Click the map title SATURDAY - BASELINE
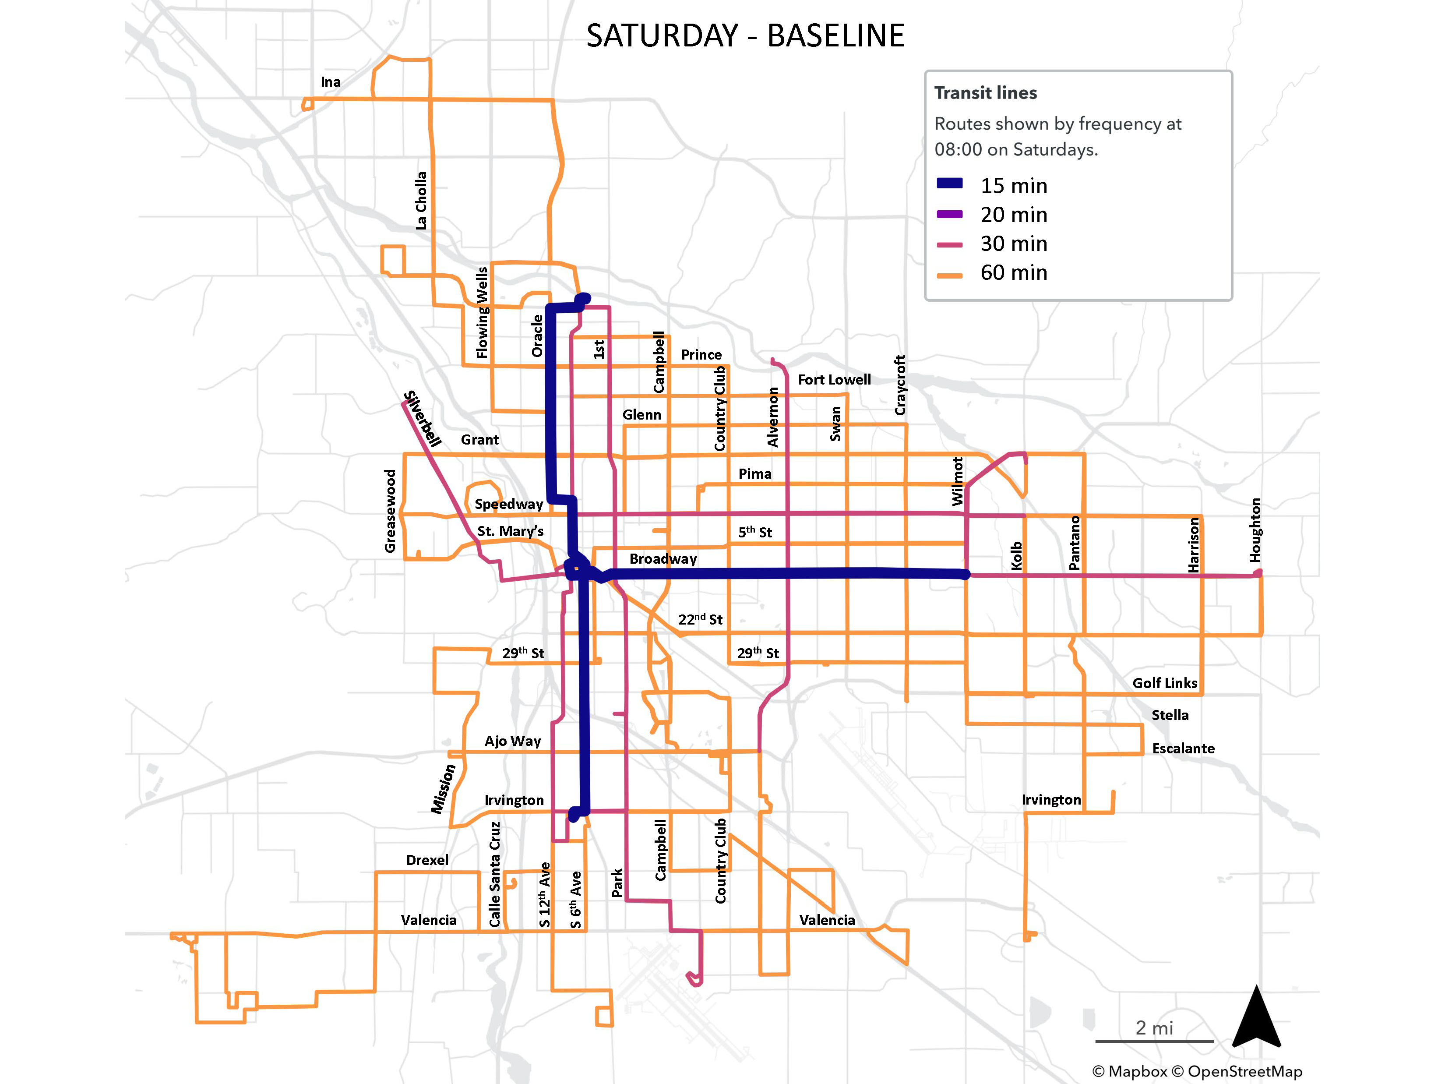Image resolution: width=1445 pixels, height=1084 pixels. [745, 35]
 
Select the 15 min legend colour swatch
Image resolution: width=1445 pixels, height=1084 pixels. [949, 184]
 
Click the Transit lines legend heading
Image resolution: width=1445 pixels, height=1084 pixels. [985, 93]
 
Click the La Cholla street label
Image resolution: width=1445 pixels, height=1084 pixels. [421, 201]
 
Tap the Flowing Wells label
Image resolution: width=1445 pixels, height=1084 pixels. [482, 312]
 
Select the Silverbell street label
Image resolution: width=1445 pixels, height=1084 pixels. [422, 418]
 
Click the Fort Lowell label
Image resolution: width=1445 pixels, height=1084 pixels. [834, 380]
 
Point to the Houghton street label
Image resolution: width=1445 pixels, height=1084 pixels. [1255, 530]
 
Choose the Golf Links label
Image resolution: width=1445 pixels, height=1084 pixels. [1165, 683]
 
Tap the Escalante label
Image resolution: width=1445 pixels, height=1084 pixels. [1183, 748]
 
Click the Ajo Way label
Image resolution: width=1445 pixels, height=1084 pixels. [513, 741]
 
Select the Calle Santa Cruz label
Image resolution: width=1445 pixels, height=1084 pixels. [495, 874]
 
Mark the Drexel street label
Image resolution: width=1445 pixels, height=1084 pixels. [427, 860]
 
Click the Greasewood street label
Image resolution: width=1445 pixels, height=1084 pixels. [390, 511]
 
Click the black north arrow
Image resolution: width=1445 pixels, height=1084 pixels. [1256, 1019]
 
